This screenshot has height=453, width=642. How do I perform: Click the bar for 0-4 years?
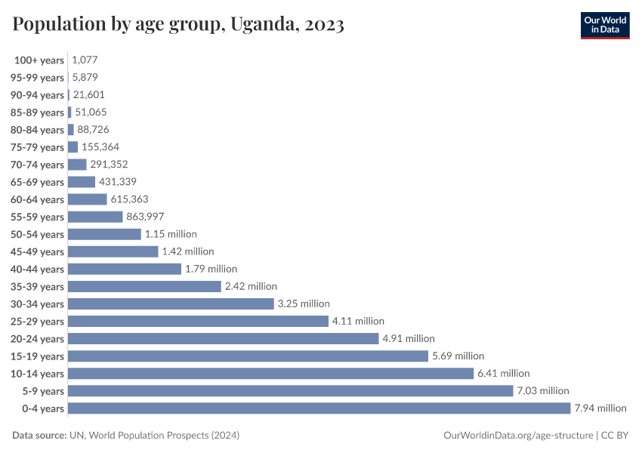(319, 408)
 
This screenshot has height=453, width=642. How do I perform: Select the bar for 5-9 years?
(290, 391)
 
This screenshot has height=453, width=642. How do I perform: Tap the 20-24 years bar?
(223, 339)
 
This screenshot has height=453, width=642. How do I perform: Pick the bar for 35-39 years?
(144, 287)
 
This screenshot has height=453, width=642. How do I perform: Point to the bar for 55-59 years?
(95, 217)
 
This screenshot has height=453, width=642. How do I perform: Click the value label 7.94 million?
(600, 408)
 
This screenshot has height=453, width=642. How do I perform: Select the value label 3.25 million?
(304, 304)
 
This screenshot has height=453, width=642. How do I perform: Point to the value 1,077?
(85, 60)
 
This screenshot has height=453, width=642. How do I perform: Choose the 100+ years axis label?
(39, 60)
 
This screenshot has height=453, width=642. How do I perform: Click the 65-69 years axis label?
(37, 182)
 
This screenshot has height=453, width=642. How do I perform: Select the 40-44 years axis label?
(37, 270)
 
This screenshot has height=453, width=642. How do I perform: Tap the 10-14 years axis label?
(37, 374)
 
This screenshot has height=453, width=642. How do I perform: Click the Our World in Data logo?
(604, 25)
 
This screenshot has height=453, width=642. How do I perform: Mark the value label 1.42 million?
(188, 251)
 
